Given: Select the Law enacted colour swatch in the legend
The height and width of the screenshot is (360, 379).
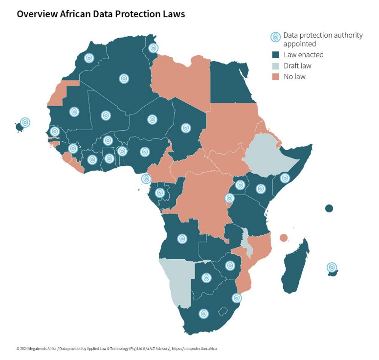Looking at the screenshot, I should tap(276, 55).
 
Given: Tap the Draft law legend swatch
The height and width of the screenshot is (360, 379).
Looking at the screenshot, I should tap(276, 66).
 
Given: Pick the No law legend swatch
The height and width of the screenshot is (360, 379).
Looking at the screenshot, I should tap(276, 77).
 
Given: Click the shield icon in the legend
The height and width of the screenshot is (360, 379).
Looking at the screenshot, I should tap(276, 37).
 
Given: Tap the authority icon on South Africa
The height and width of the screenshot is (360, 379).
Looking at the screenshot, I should tap(204, 314).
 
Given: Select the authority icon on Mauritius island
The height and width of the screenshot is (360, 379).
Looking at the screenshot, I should tap(333, 268).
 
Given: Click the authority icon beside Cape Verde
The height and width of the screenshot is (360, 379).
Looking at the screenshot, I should tap(24, 122).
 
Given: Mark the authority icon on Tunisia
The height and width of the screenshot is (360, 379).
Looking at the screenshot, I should tap(153, 48).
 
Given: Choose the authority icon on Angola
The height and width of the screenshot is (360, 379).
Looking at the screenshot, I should tap(182, 239).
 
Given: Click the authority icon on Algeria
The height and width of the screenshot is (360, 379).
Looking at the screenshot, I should tap(124, 78).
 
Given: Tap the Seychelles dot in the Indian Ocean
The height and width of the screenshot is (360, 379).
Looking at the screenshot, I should tap(329, 208).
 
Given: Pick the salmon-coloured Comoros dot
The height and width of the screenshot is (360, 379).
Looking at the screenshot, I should tap(283, 238).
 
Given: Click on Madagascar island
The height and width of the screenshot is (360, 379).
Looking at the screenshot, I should tap(296, 267).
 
